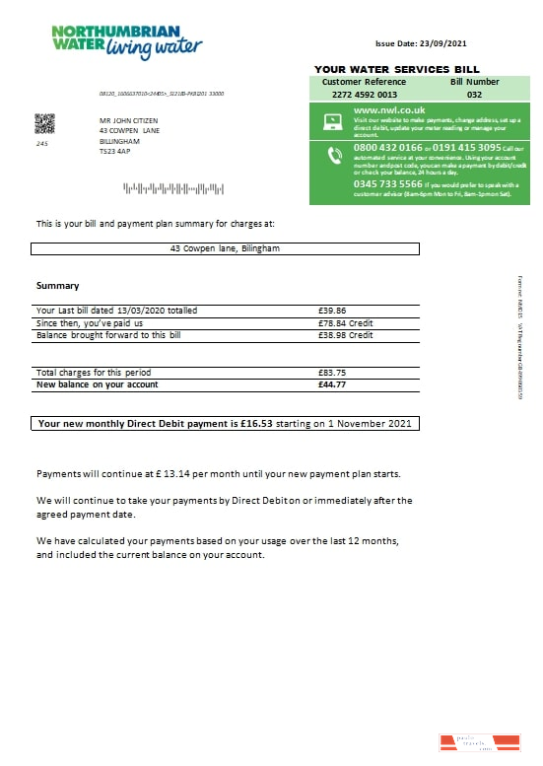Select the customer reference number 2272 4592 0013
click(364, 95)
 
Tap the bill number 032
click(474, 95)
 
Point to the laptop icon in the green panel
click(332, 122)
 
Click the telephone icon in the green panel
click(332, 155)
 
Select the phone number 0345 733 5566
click(388, 183)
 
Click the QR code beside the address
click(44, 123)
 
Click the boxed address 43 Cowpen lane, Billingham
click(225, 248)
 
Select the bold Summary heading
click(57, 286)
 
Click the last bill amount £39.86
click(324, 311)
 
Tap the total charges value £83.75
click(324, 372)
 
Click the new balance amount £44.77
click(324, 383)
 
